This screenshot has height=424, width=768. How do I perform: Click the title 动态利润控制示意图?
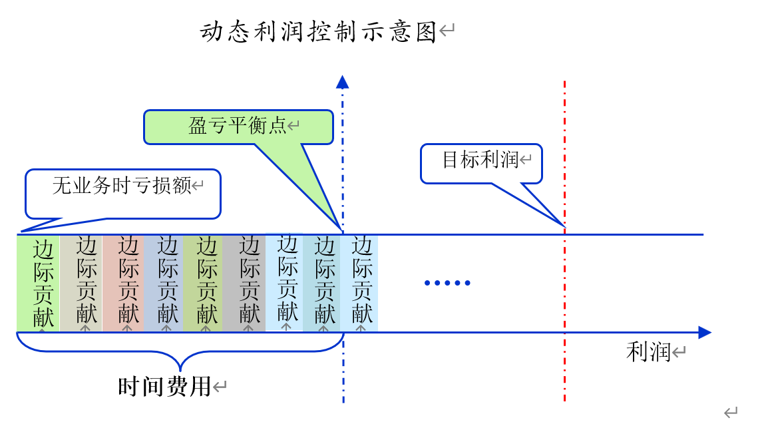click(x=318, y=31)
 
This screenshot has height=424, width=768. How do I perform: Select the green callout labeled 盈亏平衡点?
click(x=238, y=126)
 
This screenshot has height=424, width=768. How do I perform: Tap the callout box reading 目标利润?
click(x=480, y=162)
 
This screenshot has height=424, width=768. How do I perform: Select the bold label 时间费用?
click(x=164, y=386)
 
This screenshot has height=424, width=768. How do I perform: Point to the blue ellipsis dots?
click(x=447, y=283)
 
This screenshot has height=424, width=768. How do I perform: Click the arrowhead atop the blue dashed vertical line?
click(x=343, y=82)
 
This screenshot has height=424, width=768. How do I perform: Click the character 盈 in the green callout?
click(x=198, y=126)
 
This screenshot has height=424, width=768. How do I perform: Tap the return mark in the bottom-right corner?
click(x=731, y=413)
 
